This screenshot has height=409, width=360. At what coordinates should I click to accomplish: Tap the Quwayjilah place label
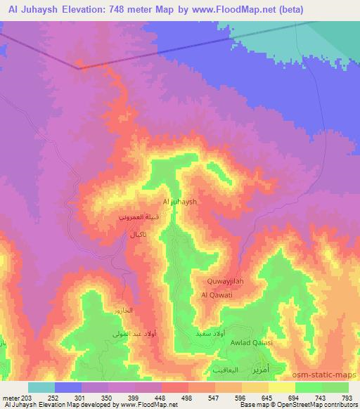[x=226, y=281]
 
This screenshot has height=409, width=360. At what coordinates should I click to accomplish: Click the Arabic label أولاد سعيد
[x=211, y=332]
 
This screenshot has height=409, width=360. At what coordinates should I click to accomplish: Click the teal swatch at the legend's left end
[x=41, y=387]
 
